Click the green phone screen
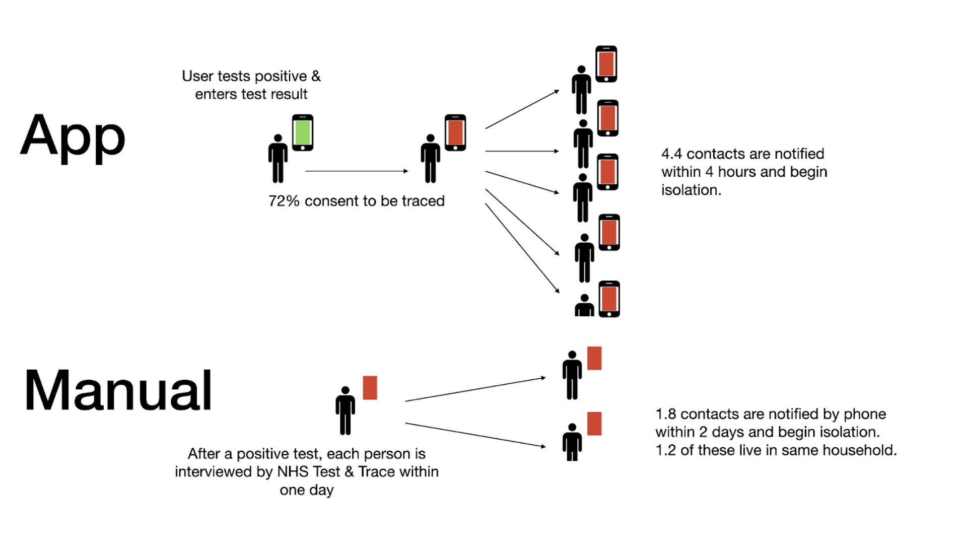coord(302,132)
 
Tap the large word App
coord(73,136)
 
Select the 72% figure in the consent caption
coord(284,201)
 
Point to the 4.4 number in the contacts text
coord(671,154)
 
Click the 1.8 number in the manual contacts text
coord(665,414)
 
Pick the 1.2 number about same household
coord(665,450)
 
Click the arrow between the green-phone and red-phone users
coord(356,171)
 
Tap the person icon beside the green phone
coord(278,158)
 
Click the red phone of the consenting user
coord(455,132)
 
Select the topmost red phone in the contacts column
coord(606,64)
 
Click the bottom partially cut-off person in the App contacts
coord(584,306)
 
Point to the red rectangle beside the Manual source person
coord(370,388)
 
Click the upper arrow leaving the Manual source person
coord(475,389)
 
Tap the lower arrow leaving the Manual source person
coord(475,435)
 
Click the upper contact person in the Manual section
coord(572,375)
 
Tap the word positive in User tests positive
coord(281,76)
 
